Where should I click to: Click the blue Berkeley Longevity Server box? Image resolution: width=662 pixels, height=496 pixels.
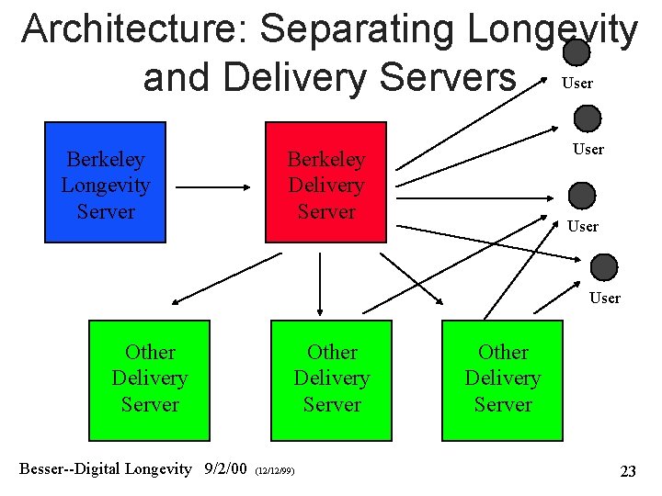coord(105,183)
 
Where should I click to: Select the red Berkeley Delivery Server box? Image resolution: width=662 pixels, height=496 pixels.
coord(325,183)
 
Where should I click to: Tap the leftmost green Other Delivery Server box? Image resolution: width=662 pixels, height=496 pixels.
coord(149,379)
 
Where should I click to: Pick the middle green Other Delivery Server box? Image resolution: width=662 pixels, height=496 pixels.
coord(331,379)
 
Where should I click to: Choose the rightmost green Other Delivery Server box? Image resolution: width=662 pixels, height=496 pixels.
coord(502,379)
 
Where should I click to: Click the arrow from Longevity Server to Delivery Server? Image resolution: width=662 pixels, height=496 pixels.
coord(213,186)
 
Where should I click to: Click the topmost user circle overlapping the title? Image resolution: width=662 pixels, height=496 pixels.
coord(576,52)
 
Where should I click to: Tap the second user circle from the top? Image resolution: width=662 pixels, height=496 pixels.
coord(587,118)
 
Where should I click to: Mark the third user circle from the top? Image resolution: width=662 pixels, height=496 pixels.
coord(582,196)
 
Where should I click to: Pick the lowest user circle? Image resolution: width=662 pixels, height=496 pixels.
coord(604,267)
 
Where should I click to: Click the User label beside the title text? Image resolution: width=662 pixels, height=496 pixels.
coord(576,84)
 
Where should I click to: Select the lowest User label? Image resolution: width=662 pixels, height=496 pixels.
coord(604,298)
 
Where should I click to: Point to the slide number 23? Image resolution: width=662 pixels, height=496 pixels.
coord(627,471)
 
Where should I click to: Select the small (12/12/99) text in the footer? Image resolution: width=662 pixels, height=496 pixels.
coord(275,471)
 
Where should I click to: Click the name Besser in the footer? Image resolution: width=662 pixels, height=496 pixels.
coord(43,469)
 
